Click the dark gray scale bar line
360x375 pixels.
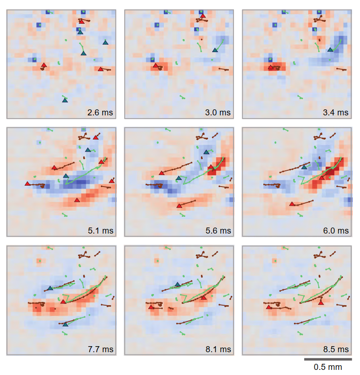[x=328, y=359]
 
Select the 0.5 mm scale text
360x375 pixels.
[x=328, y=368]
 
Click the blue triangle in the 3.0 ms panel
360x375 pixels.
[x=214, y=50]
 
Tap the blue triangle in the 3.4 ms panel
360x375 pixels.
[x=330, y=49]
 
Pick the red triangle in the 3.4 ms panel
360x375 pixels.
[x=270, y=67]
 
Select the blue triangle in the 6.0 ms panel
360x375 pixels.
[x=304, y=167]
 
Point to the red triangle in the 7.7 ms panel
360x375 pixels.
[x=63, y=301]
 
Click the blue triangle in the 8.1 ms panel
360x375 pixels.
[x=177, y=284]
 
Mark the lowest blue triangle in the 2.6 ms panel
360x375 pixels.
[x=65, y=100]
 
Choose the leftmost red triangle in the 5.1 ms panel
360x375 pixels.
[x=27, y=183]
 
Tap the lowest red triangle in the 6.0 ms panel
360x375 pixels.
[x=292, y=203]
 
